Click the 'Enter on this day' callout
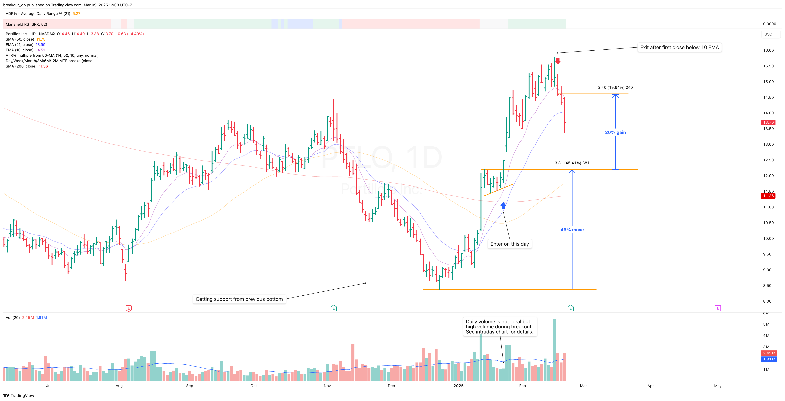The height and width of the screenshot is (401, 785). tap(510, 244)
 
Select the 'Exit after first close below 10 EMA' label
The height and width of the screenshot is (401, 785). tap(679, 48)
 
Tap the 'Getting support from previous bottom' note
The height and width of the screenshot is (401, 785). tap(239, 299)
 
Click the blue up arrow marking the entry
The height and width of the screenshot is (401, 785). tap(503, 206)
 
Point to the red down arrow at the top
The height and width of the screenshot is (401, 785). tap(558, 61)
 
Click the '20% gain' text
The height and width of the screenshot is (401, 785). tap(615, 133)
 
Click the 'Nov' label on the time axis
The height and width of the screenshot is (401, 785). tap(327, 386)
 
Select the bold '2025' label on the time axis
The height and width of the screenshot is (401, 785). tap(458, 386)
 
